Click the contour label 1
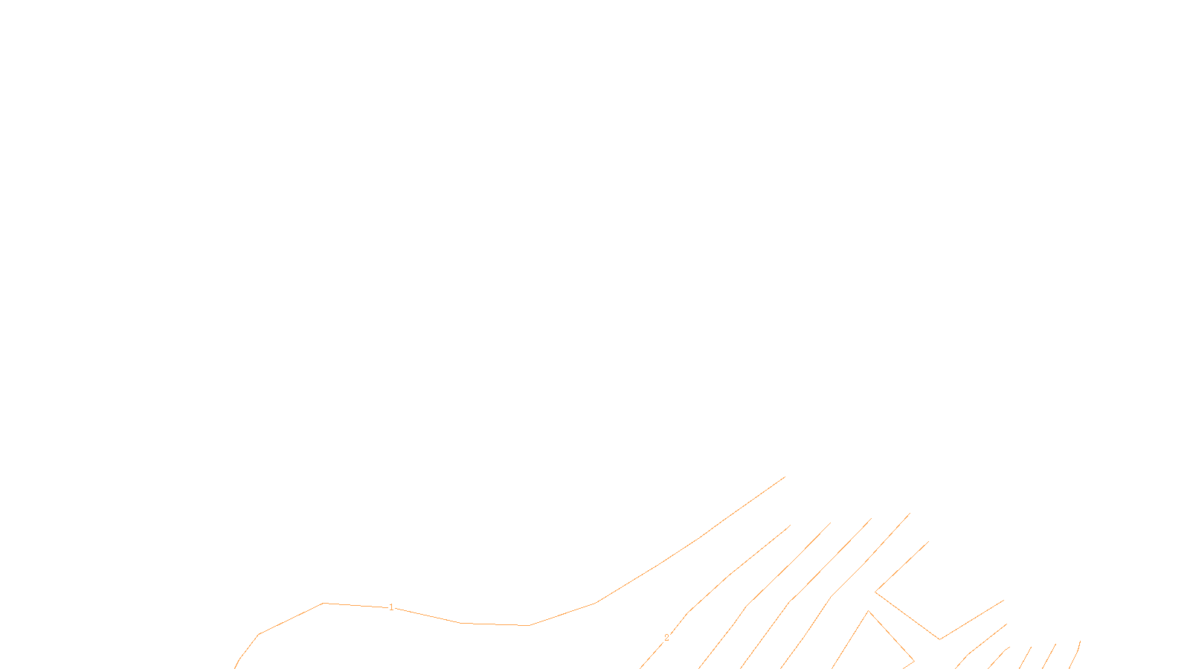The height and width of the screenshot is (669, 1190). pos(391,607)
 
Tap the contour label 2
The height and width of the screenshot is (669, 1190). pos(666,638)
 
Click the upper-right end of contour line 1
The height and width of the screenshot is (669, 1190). pos(785,477)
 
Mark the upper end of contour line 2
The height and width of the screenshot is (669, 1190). pos(791,526)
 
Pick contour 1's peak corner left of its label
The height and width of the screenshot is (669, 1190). pos(324,603)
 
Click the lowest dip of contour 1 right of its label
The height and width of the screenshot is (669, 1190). pos(529,625)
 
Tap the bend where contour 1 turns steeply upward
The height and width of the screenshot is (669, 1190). pos(595,603)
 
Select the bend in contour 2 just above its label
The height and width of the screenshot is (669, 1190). pos(689,612)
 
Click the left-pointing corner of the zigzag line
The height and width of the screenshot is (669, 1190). pos(875,592)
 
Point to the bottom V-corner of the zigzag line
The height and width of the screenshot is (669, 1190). pos(940,639)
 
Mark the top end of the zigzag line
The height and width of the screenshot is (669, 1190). pos(928,542)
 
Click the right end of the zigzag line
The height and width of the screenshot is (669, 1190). pos(1003,601)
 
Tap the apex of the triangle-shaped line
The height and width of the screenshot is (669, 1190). pos(868,611)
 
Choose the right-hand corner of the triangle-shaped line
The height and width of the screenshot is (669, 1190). pos(913,660)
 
